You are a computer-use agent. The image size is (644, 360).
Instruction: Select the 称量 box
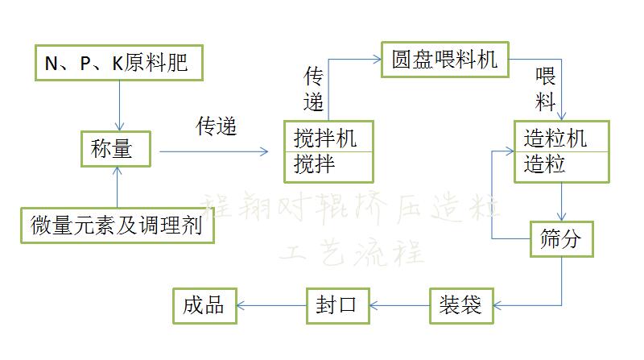tap(117, 148)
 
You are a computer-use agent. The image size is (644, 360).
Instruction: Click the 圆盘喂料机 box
tap(445, 60)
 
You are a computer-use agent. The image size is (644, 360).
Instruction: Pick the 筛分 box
tap(562, 238)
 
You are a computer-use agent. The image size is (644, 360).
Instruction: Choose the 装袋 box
tap(460, 304)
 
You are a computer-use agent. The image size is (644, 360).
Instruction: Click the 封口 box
tap(338, 304)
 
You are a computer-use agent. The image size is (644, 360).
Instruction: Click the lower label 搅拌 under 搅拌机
tap(314, 165)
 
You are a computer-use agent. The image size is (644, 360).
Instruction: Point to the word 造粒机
tap(555, 137)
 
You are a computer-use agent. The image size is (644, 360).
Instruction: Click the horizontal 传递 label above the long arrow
tap(217, 126)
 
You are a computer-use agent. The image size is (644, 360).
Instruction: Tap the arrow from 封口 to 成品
tap(274, 304)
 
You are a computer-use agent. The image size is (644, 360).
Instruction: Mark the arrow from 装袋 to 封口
tap(399, 304)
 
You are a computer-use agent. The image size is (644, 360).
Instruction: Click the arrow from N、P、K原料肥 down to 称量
tap(119, 105)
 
